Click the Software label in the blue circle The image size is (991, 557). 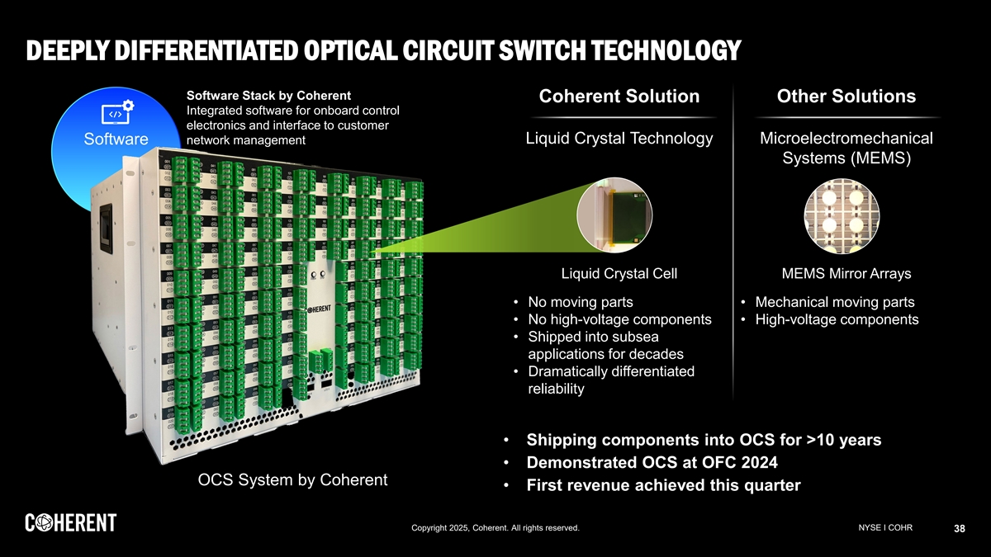(x=116, y=138)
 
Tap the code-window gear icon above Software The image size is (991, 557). (x=117, y=112)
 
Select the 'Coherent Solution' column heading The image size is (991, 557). (x=619, y=97)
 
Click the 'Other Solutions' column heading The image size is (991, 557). (x=846, y=97)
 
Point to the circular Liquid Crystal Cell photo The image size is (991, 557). (x=619, y=214)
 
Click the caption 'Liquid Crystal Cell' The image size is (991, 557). (x=619, y=273)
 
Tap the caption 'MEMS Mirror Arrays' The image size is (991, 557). (x=846, y=273)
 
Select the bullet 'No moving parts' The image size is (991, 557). (x=580, y=302)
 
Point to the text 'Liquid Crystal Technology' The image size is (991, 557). (x=619, y=138)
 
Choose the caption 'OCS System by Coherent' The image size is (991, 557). (x=292, y=480)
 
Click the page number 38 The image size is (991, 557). (x=960, y=529)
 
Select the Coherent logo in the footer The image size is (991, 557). (x=70, y=523)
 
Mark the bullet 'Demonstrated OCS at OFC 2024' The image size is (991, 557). (x=652, y=462)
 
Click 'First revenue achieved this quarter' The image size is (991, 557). (x=663, y=485)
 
